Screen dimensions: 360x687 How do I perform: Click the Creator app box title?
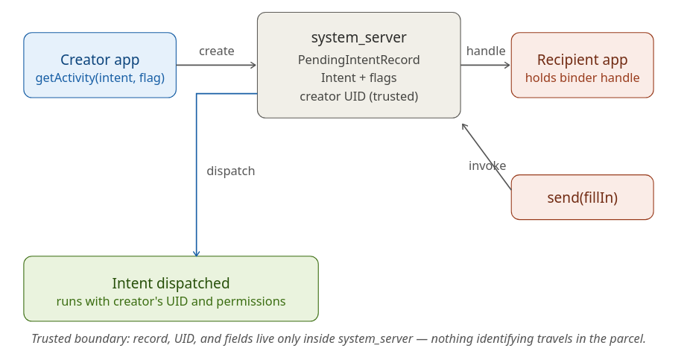(100, 60)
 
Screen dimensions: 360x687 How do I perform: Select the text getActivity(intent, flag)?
(100, 78)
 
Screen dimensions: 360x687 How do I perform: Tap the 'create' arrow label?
(216, 51)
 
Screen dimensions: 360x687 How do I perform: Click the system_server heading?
(358, 37)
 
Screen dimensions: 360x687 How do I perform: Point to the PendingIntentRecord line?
(358, 60)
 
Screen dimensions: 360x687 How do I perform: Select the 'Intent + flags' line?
(358, 78)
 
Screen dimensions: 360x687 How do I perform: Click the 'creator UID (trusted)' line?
(358, 96)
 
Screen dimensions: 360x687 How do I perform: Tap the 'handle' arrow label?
(486, 51)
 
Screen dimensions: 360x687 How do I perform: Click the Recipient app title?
(582, 60)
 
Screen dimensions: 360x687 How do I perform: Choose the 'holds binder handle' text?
(582, 78)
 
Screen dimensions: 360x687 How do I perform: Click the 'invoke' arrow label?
(487, 165)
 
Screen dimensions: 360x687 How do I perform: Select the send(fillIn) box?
(582, 198)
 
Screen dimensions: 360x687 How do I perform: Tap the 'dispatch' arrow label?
(230, 171)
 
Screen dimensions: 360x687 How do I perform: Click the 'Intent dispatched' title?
(171, 283)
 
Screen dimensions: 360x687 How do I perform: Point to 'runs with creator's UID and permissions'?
(171, 301)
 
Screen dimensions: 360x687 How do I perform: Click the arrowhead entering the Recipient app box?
(507, 65)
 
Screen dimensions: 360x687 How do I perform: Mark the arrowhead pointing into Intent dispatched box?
(197, 253)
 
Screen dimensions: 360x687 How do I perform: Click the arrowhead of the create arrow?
(253, 65)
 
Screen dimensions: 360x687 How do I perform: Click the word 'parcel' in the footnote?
(626, 338)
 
